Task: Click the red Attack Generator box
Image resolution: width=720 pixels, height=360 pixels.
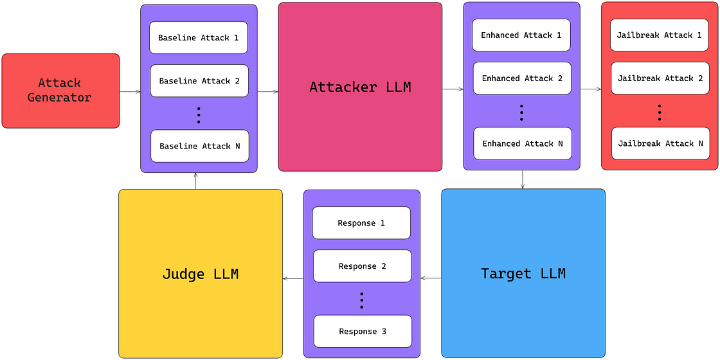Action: click(60, 91)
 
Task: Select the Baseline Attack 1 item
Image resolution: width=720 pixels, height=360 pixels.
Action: click(199, 38)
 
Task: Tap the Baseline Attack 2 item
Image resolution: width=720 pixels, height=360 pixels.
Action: click(199, 81)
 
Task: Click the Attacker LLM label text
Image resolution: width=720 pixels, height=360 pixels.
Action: click(360, 87)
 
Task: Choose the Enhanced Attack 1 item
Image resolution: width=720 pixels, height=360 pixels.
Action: click(521, 35)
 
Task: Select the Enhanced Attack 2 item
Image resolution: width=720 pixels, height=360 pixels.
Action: click(522, 78)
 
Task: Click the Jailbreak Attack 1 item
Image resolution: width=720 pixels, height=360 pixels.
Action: click(660, 35)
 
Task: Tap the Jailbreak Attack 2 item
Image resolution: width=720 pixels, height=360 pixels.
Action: click(660, 78)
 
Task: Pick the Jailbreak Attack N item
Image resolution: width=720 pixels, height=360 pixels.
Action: click(660, 143)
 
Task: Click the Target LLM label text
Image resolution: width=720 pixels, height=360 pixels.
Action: click(523, 274)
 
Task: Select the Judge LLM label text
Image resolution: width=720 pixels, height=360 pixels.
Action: click(201, 274)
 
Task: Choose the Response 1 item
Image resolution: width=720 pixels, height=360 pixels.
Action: click(361, 223)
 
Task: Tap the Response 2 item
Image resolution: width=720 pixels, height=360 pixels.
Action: click(362, 266)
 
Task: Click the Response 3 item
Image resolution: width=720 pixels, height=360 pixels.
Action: click(363, 331)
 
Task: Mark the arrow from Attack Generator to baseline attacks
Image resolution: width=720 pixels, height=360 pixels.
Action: click(130, 92)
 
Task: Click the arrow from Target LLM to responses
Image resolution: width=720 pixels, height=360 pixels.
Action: click(431, 278)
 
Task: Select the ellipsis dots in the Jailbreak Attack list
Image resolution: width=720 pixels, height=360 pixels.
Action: click(660, 113)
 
